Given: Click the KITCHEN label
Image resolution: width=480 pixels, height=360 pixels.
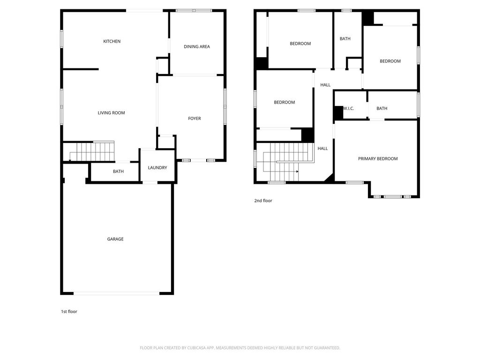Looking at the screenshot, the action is click(112, 41).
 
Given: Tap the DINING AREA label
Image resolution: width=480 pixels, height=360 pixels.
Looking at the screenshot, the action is click(197, 46).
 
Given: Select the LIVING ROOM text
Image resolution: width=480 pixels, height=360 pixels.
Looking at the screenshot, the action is click(111, 112).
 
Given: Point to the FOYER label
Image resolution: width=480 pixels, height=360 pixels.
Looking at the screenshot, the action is click(195, 119).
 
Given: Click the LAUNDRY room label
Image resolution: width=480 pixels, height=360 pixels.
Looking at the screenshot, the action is click(157, 167).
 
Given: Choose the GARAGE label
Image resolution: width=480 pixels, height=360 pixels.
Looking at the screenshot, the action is click(115, 239).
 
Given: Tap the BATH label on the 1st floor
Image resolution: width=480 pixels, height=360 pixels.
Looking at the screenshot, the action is click(118, 172).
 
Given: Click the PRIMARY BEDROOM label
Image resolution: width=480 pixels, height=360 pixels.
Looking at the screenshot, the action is click(378, 158).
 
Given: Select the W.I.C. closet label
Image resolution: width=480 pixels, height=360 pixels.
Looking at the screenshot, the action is click(349, 108).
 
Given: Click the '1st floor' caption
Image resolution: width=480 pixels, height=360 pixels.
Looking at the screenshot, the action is click(69, 312).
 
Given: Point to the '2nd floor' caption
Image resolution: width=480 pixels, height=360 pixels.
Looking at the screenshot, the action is click(263, 201).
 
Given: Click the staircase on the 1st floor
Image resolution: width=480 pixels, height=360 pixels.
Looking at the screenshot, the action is click(92, 151).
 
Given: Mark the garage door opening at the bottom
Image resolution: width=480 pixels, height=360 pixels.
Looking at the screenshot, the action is click(116, 293).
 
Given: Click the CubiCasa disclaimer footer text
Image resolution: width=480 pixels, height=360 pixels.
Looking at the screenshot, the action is click(240, 348).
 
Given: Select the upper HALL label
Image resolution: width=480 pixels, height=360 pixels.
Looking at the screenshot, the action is click(325, 85).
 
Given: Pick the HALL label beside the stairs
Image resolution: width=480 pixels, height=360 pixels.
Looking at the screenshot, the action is click(322, 149).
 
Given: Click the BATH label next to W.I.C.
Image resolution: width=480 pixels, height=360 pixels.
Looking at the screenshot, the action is click(382, 108).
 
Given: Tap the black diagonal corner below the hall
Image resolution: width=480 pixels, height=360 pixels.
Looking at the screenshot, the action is click(330, 180).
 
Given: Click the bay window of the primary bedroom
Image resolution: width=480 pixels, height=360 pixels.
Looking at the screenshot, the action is click(393, 196).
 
